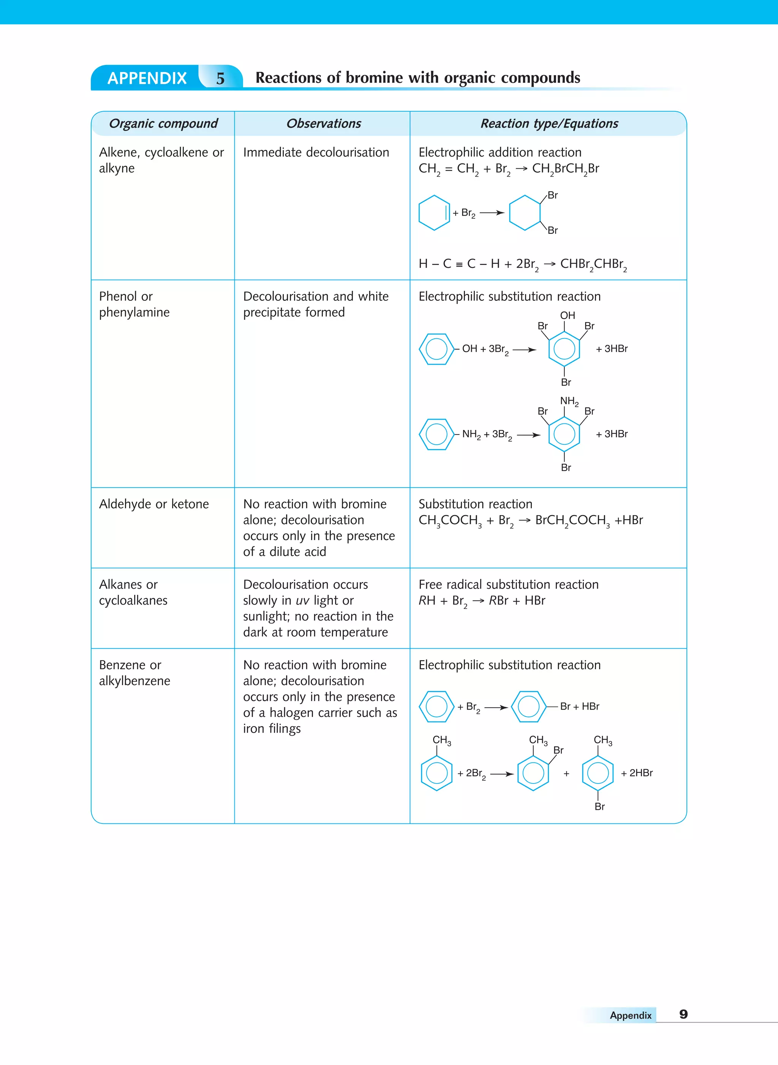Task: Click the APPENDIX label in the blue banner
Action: click(147, 78)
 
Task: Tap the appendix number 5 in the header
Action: click(220, 79)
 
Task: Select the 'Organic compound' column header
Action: click(163, 124)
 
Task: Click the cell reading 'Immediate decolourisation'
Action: click(316, 153)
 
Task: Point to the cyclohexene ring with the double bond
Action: click(434, 213)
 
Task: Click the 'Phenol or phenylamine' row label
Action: click(134, 304)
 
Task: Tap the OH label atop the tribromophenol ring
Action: click(567, 316)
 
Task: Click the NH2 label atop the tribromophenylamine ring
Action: click(569, 401)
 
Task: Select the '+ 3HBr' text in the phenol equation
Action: click(612, 349)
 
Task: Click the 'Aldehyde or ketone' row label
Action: click(154, 504)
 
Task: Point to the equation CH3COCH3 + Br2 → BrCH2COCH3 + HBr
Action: click(530, 521)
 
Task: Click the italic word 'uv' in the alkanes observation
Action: click(302, 601)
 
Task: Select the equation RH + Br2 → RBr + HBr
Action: click(482, 601)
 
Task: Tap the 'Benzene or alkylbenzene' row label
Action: click(134, 673)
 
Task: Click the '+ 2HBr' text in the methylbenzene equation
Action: click(637, 773)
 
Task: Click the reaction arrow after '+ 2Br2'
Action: click(501, 774)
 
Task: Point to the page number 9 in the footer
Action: click(683, 1014)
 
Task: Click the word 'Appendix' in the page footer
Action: click(630, 1016)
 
